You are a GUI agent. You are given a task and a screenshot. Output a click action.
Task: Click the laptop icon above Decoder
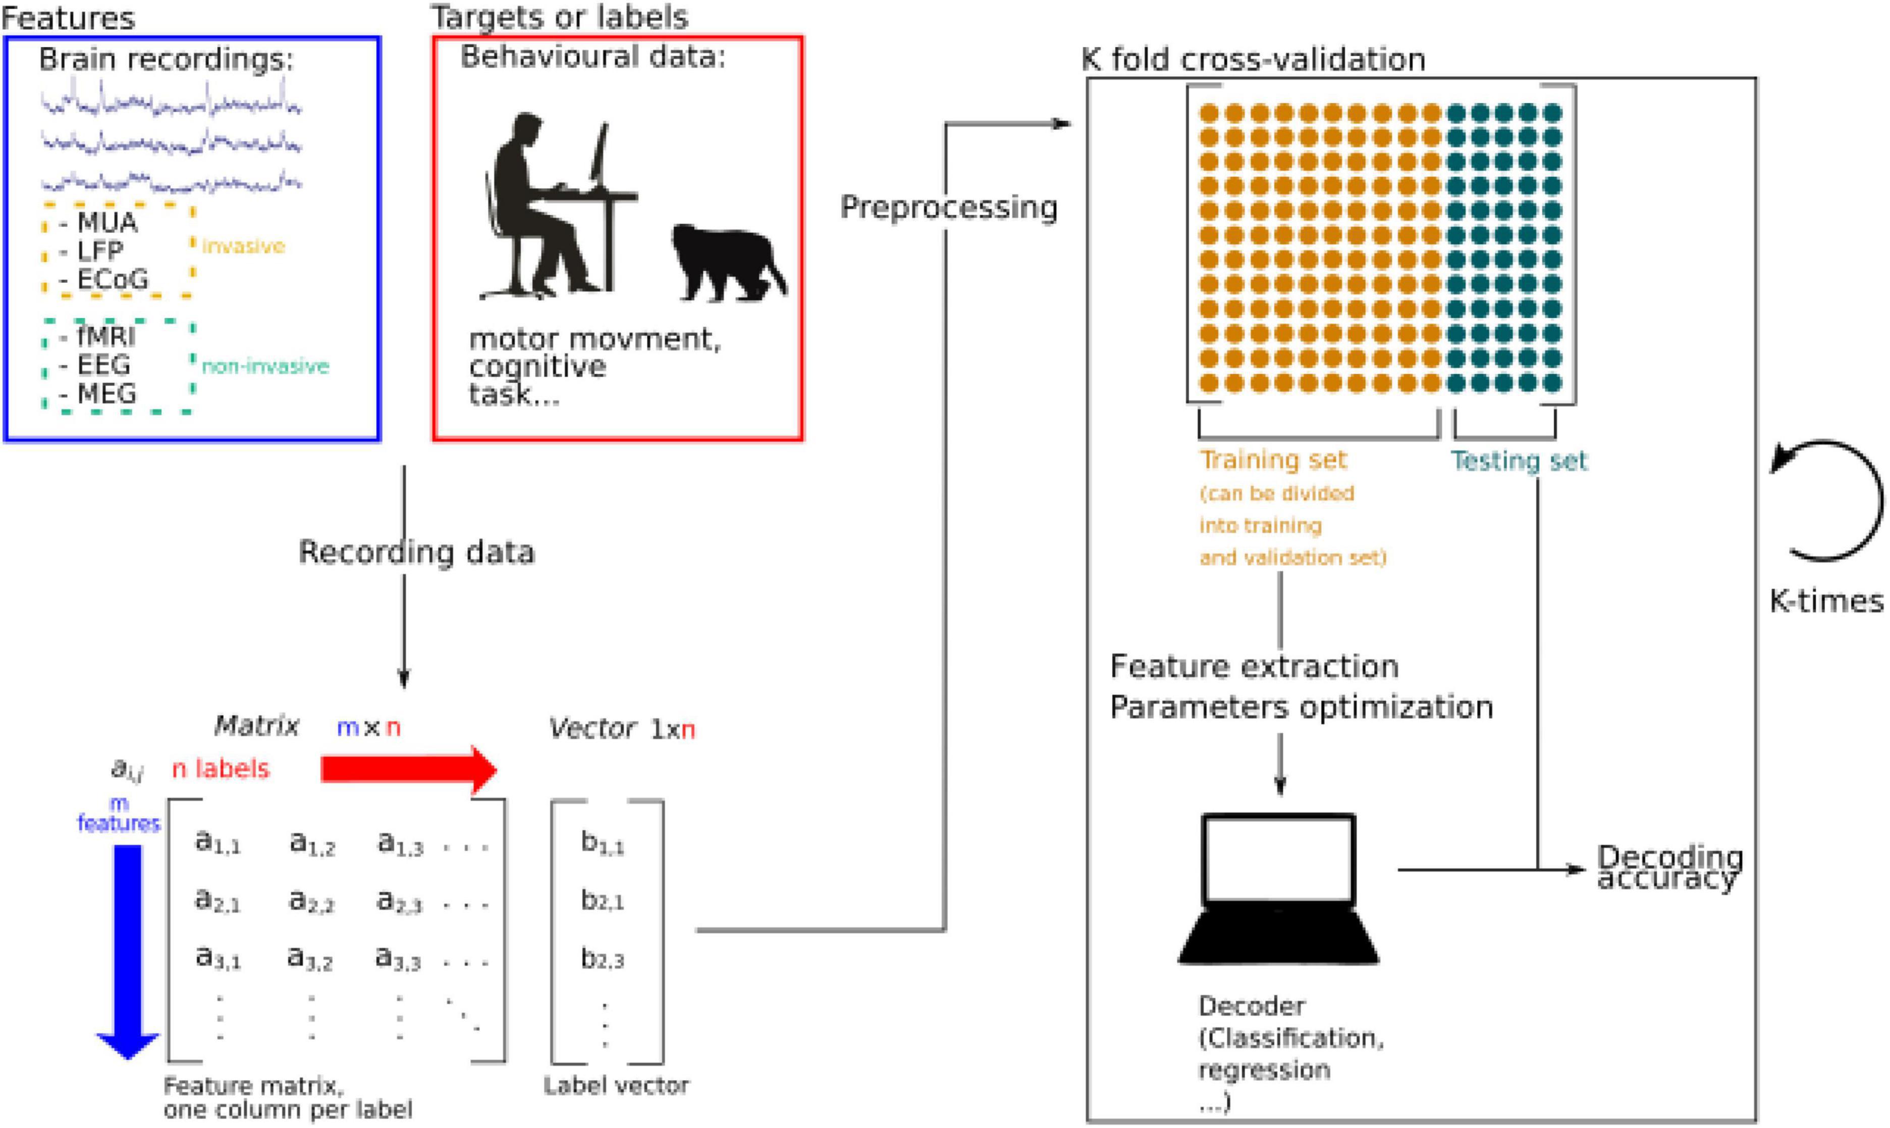click(1278, 889)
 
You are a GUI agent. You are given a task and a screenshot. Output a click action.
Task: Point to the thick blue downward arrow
click(128, 950)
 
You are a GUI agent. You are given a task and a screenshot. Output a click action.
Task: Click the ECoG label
click(113, 280)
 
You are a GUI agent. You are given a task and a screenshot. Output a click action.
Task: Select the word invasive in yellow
click(243, 246)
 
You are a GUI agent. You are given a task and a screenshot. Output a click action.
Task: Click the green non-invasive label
click(264, 367)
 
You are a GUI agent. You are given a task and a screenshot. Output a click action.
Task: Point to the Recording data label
click(416, 552)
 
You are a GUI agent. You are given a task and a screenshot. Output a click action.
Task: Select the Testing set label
click(1519, 460)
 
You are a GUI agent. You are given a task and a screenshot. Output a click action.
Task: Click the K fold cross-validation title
click(1254, 59)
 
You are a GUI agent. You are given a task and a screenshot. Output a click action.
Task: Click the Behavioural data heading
click(592, 57)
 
